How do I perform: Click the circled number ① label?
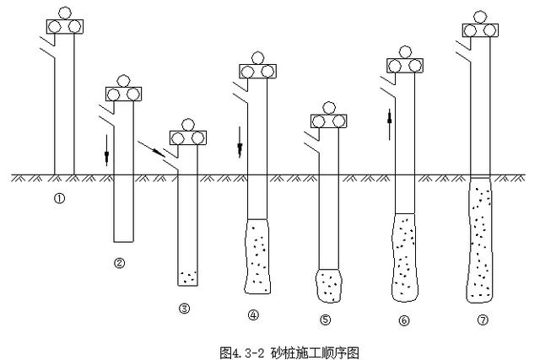tap(60, 199)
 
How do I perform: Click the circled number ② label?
tap(119, 263)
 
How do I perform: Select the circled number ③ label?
tap(184, 309)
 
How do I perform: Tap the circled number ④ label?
tap(252, 316)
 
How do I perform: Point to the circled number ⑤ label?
tap(326, 320)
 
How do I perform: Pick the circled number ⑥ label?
tap(403, 320)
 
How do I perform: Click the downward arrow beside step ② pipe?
tap(107, 148)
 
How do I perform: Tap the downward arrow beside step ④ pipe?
tap(240, 142)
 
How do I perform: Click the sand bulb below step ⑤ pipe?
tap(329, 284)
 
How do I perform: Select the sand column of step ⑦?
tap(479, 240)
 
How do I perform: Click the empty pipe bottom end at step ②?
tap(123, 239)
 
